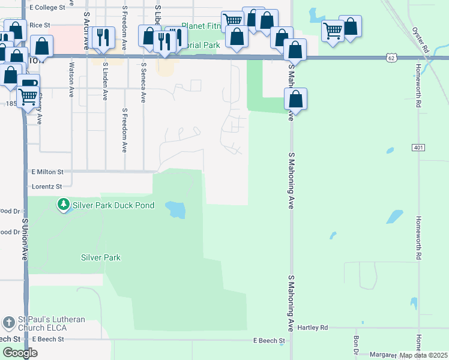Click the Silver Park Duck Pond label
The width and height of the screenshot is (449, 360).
click(x=113, y=205)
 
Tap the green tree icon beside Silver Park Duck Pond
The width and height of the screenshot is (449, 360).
click(x=63, y=205)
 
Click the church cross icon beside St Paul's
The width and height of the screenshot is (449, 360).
click(x=8, y=323)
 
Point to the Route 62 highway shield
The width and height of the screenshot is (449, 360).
click(x=391, y=58)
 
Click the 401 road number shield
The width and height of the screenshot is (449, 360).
click(x=419, y=147)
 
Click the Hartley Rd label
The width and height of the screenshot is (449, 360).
click(x=315, y=328)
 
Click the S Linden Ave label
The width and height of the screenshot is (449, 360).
click(x=105, y=80)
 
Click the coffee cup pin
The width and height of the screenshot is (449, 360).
click(x=28, y=85)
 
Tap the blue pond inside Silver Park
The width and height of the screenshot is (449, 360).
click(x=176, y=209)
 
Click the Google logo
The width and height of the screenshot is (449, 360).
click(x=20, y=353)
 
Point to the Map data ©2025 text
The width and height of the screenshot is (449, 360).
click(x=423, y=355)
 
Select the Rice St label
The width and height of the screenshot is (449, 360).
click(x=40, y=25)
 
